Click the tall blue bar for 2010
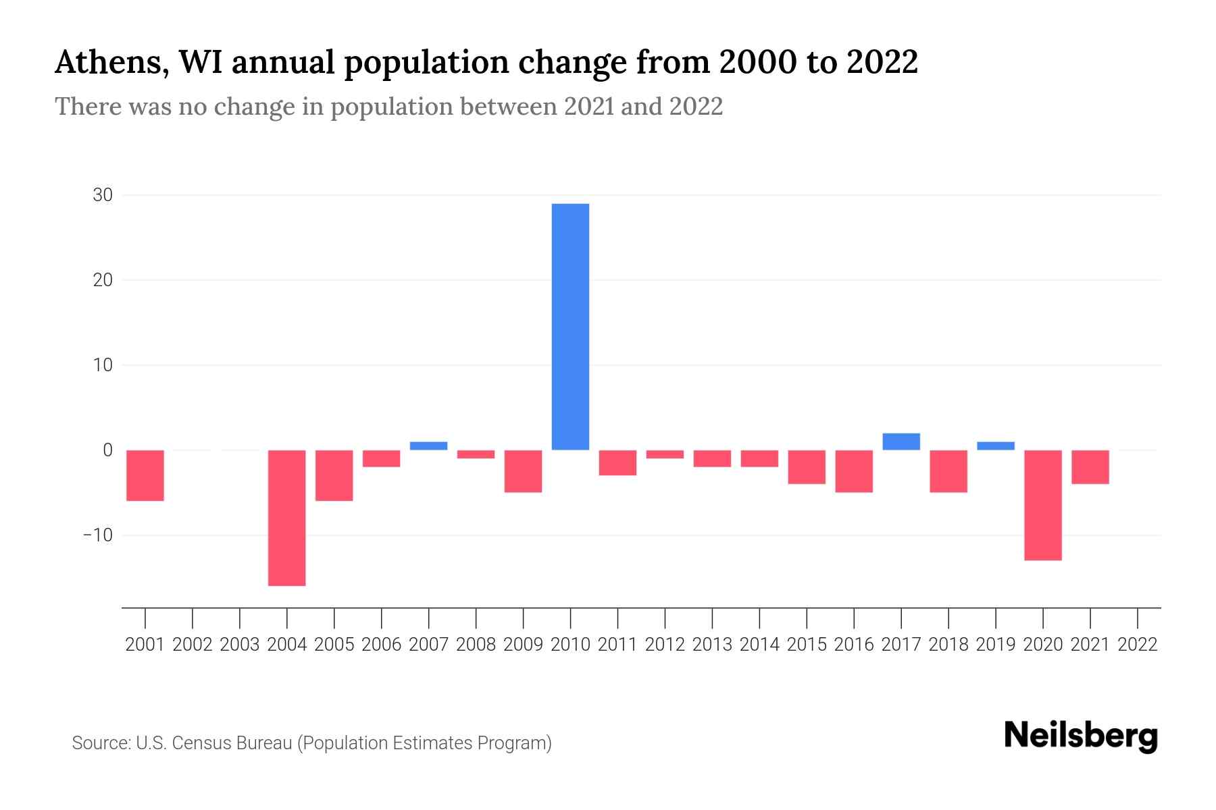click(570, 327)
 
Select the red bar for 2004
click(286, 518)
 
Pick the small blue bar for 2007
click(428, 446)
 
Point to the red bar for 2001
click(145, 475)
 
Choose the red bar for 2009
click(523, 471)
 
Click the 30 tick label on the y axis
click(103, 195)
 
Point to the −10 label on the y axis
click(98, 535)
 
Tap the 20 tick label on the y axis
click(103, 280)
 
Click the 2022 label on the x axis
click(1138, 645)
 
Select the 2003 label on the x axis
click(240, 645)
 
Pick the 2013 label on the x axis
click(712, 645)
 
